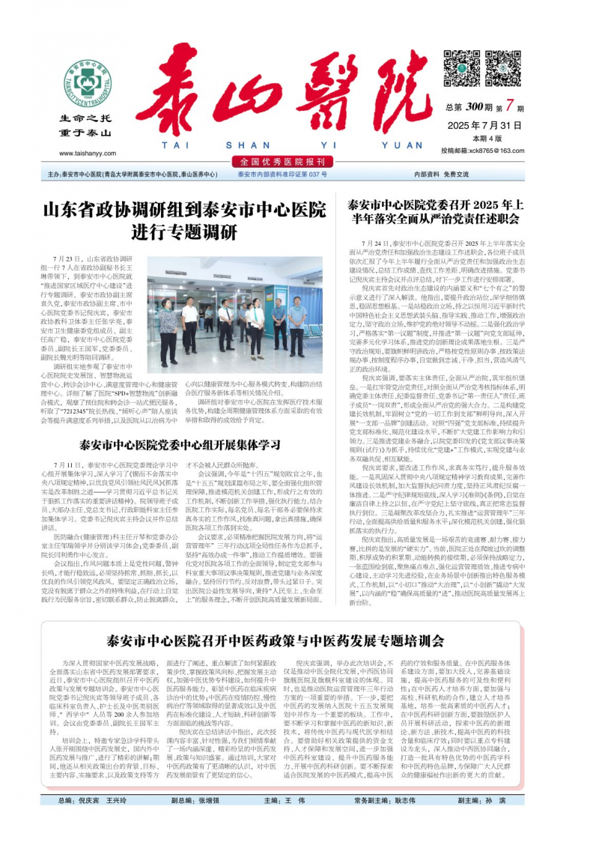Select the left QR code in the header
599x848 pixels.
462,68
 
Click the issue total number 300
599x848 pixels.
473,107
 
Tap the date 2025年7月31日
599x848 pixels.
484,124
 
